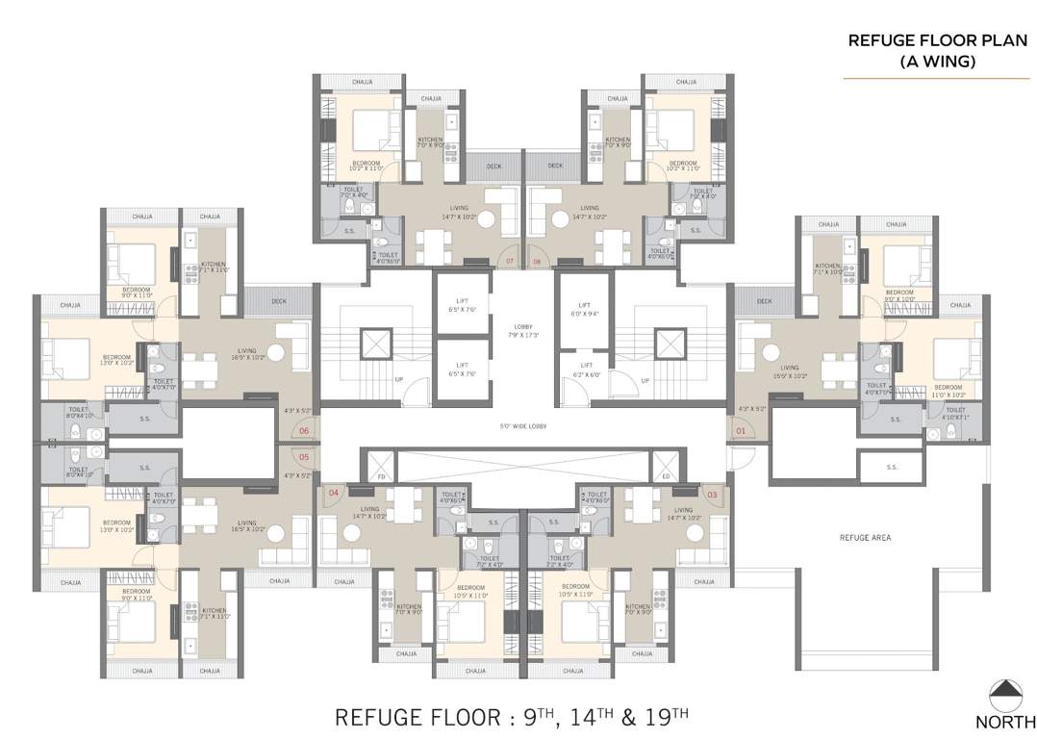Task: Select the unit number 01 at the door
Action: tap(741, 431)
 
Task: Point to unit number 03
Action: tap(712, 495)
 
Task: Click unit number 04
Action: tap(334, 494)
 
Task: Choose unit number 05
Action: tap(304, 457)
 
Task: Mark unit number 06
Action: tap(304, 431)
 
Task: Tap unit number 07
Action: tap(510, 261)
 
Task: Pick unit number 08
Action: tap(537, 261)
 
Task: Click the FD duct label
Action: tap(380, 477)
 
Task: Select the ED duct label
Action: tap(665, 477)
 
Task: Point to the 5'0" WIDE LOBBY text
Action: tap(522, 426)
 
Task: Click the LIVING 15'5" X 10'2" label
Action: tap(790, 371)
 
